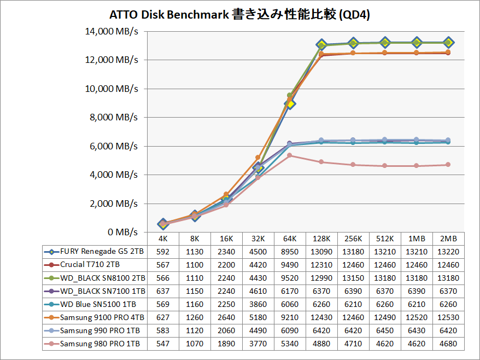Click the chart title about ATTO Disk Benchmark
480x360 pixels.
[x=240, y=15]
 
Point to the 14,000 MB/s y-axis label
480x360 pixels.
[x=112, y=31]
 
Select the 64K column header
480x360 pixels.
[x=290, y=239]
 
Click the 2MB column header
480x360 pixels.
[x=448, y=239]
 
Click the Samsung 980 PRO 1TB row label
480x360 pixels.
[x=97, y=344]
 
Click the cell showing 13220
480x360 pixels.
[x=448, y=252]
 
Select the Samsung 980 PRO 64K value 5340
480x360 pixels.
[x=290, y=344]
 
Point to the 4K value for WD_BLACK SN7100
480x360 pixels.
[x=163, y=292]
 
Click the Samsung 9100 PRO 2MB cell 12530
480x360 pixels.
[x=448, y=318]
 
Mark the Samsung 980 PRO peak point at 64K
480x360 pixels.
[x=290, y=155]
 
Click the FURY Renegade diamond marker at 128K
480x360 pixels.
[x=321, y=45]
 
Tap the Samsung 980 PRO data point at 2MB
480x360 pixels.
[x=448, y=165]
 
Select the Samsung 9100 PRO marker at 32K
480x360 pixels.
[x=258, y=158]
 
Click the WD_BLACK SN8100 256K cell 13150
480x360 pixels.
[x=353, y=278]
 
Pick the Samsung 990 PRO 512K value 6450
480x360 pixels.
[x=385, y=331]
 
